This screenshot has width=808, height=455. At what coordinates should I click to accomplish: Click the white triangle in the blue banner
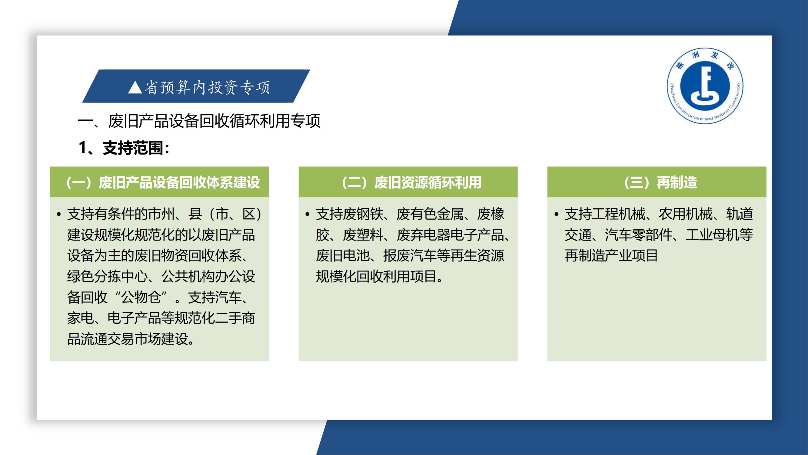(135, 87)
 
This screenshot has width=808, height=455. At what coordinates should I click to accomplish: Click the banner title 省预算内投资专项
(207, 87)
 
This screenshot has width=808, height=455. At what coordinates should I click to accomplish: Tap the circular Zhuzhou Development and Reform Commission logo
(705, 86)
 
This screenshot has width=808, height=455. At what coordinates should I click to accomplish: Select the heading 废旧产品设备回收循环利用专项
(214, 121)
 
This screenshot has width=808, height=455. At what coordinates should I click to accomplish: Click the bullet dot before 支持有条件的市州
(59, 214)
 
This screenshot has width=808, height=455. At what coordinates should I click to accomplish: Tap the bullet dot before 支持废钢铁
(308, 214)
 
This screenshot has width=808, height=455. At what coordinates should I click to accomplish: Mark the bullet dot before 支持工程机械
(556, 214)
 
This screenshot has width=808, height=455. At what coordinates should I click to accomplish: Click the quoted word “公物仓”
(141, 297)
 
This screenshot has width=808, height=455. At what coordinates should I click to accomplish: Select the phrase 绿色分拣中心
(107, 276)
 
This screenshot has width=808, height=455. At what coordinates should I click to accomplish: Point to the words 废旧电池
(343, 256)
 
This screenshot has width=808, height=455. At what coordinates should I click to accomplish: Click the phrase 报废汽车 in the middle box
(410, 256)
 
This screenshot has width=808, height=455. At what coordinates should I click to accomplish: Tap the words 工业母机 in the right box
(712, 235)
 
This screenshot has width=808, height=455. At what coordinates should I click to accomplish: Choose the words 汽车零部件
(638, 235)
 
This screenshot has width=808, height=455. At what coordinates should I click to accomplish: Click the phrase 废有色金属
(430, 214)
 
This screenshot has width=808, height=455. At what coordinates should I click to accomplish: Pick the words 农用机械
(686, 214)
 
